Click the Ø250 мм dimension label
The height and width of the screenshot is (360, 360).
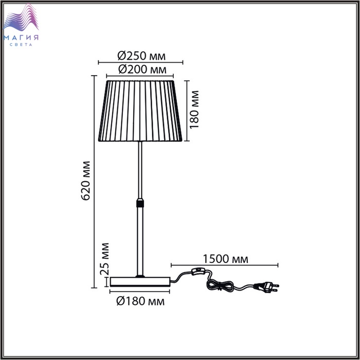coord(141,56)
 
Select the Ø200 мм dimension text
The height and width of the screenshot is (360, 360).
coord(142,69)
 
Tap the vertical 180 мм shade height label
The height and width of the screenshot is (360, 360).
coord(194,110)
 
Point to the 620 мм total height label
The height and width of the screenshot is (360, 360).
coord(86,181)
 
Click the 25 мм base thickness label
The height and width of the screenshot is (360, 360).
coord(104,259)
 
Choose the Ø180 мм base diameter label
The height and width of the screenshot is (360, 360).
coord(140,301)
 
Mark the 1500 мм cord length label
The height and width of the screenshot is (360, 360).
coord(225,259)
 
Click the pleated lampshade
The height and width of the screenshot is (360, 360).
coord(140,111)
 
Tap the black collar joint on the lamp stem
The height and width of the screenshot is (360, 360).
coord(140,202)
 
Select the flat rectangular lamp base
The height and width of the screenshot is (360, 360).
coord(140,282)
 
